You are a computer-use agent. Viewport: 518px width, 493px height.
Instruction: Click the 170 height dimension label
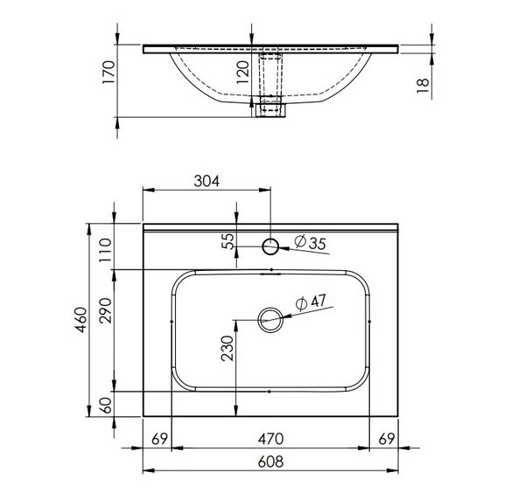coord(108,73)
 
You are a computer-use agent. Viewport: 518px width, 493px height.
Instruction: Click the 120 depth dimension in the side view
coord(243,73)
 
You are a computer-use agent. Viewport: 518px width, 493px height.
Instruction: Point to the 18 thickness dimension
coord(423,86)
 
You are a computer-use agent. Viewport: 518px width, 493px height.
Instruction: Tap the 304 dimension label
coord(206,181)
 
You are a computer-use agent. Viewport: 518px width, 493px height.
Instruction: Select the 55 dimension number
coord(227,241)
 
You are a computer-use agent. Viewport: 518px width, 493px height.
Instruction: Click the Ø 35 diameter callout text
coord(310,242)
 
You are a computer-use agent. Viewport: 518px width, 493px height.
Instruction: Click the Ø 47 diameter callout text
coord(311,302)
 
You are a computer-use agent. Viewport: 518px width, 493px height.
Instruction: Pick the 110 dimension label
coord(106,250)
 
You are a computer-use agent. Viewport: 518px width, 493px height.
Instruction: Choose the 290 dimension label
coord(106,310)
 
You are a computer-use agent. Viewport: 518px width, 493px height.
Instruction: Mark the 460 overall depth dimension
coord(80,320)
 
